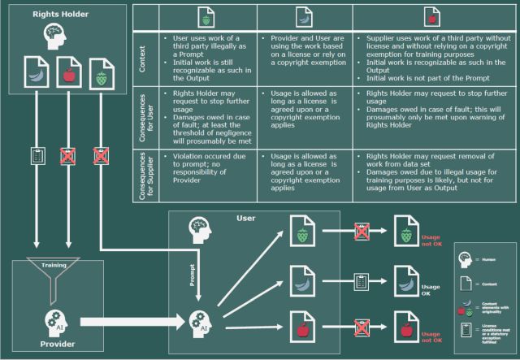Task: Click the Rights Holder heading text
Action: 53,14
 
